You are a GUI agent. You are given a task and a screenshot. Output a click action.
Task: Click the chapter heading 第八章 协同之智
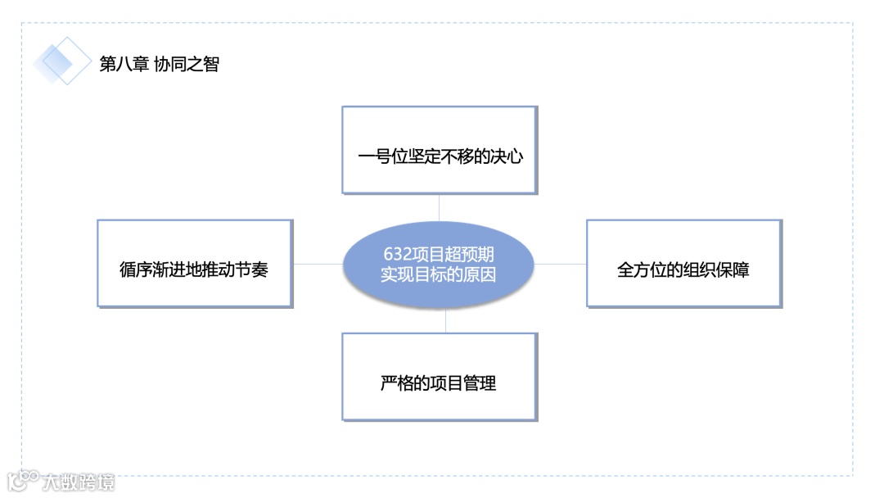click(x=160, y=64)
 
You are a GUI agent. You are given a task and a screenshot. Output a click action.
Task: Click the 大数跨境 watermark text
click(x=79, y=482)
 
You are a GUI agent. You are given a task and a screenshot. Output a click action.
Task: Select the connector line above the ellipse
click(x=440, y=208)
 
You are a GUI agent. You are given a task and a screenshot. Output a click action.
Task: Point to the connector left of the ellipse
click(x=318, y=264)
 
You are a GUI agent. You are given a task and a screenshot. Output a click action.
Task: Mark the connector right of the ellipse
click(x=561, y=264)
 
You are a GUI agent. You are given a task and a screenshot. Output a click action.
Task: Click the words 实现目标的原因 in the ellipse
click(x=438, y=274)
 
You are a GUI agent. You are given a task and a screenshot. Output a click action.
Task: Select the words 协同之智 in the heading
click(x=187, y=64)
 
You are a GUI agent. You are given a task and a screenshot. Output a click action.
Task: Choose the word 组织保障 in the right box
click(x=715, y=269)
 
